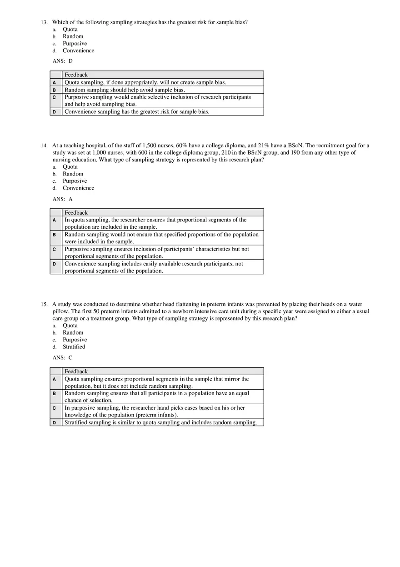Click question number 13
coord(44,22)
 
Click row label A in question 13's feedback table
coord(54,82)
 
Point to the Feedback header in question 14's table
coord(76,212)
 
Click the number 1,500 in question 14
coord(149,146)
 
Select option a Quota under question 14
coord(70,166)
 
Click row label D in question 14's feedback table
coord(54,264)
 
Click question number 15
coord(44,304)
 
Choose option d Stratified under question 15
coord(74,346)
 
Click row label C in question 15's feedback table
coord(54,408)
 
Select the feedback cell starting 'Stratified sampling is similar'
coord(160,422)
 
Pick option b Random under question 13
coord(73,36)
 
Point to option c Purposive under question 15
coord(75,340)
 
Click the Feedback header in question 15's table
coord(76,371)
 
